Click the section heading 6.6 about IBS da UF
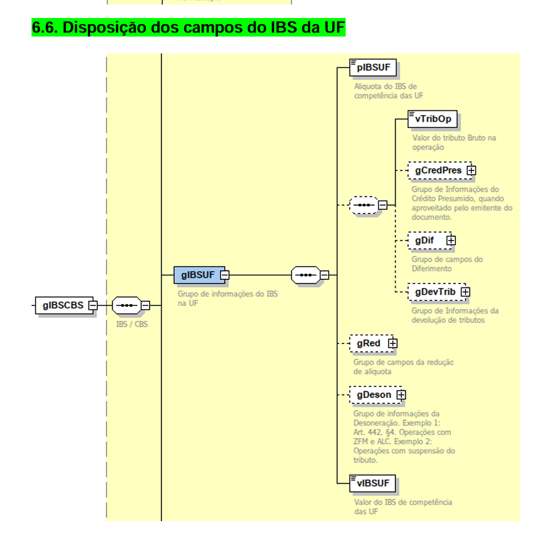point(188,28)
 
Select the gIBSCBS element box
point(62,305)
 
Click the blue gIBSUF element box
point(198,275)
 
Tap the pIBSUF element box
point(373,69)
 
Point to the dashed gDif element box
point(429,240)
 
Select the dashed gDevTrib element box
point(435,292)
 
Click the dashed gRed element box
point(368,343)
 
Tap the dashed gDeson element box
point(373,395)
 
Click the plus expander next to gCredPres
point(471,170)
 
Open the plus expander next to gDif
point(451,240)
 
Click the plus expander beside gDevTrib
point(466,292)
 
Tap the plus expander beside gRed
point(393,343)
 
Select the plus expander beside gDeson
point(401,395)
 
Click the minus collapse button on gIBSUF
point(225,275)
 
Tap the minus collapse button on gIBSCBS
point(93,305)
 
